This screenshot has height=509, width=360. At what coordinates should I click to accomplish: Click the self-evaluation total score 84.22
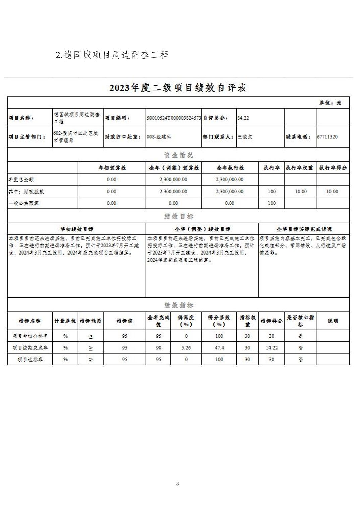[243, 118]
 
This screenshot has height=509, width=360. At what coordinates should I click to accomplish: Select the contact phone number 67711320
[327, 137]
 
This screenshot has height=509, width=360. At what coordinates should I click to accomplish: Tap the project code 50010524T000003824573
[174, 118]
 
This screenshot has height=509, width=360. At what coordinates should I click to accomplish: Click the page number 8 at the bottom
[177, 484]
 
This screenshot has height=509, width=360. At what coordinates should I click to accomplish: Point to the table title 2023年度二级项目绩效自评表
[178, 88]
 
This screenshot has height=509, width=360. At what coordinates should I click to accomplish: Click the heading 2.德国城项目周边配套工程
[112, 55]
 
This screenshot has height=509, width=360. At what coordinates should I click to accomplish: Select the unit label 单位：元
[330, 103]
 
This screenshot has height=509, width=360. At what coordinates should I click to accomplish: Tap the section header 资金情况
[178, 155]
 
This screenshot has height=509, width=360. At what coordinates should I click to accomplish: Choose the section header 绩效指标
[178, 305]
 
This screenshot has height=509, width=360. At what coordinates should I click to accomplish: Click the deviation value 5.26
[186, 348]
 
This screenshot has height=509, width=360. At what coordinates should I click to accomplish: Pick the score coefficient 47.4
[219, 348]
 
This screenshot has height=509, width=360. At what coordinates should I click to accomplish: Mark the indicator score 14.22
[272, 348]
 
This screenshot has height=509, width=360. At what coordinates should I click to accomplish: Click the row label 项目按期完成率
[30, 348]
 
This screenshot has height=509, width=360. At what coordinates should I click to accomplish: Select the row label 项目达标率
[30, 359]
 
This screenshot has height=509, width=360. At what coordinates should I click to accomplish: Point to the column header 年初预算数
[112, 168]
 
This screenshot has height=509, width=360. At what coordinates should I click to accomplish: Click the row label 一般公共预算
[24, 203]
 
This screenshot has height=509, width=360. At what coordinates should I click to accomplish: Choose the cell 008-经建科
[159, 137]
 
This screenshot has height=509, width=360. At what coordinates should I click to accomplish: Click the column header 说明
[333, 321]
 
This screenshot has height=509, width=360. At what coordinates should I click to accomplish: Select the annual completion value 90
[158, 348]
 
